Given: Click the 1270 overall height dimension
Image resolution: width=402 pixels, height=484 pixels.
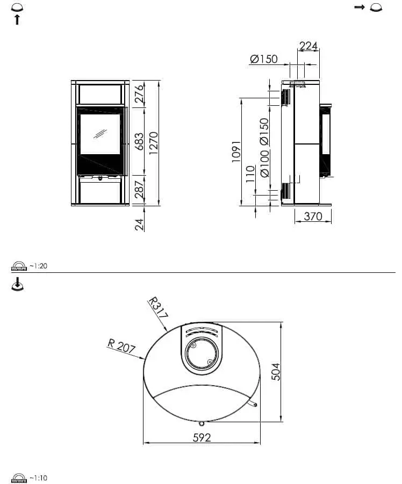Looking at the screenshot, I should [154, 143].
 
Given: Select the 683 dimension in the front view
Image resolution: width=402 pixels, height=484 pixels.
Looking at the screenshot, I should [139, 142].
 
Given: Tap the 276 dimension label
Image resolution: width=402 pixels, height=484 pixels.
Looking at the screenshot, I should [139, 93].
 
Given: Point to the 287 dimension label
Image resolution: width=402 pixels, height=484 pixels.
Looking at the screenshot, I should [139, 190].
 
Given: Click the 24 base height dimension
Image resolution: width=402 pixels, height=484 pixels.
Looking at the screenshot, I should [139, 224].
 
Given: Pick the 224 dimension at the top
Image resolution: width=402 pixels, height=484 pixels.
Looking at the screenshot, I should [308, 46].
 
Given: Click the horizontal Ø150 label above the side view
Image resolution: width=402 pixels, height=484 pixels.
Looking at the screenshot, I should [264, 59].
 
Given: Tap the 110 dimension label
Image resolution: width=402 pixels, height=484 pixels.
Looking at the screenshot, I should [251, 174].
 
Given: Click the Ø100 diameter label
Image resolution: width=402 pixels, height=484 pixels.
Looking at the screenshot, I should [264, 164].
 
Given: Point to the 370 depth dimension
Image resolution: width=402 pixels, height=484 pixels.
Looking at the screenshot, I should [313, 216].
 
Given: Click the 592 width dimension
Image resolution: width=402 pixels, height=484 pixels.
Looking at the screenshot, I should [202, 437].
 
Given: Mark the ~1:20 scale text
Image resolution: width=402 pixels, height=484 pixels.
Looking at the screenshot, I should [38, 266].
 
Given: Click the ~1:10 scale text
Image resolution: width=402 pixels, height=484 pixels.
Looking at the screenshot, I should [38, 478].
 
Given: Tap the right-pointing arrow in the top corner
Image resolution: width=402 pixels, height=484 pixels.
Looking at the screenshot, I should [360, 7].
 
